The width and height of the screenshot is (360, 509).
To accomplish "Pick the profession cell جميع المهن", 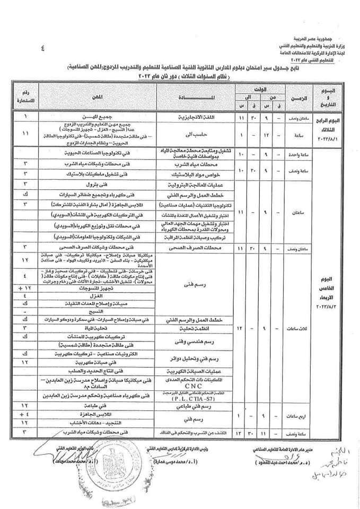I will [100, 115].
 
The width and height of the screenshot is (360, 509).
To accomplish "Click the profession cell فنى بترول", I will [100, 185].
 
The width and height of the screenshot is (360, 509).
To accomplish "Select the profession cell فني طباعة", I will [100, 404].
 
